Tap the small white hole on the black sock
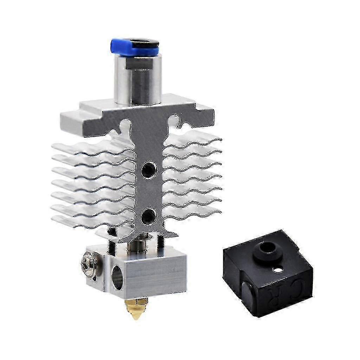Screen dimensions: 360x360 coord(279,270)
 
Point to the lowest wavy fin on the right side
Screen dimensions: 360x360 coord(193,213)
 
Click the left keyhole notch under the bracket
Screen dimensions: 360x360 coord(126,124)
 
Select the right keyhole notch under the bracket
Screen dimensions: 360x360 coord(175,121)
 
